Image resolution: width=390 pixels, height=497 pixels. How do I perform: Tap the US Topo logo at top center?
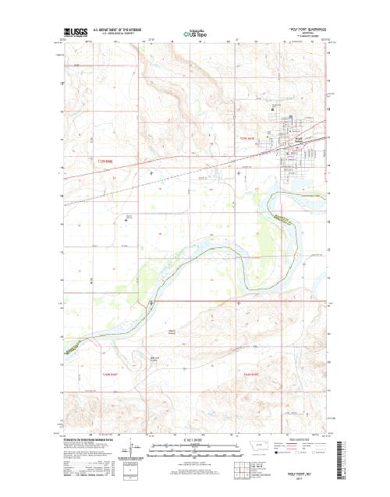point(195,34)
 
